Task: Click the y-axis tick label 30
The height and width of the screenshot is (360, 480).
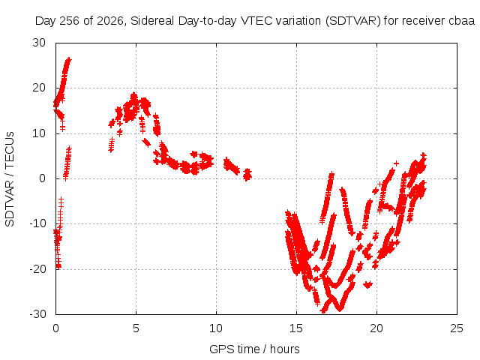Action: click(x=39, y=43)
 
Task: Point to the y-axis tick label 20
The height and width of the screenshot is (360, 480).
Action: click(x=39, y=88)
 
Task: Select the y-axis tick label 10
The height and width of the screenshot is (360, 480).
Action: click(x=39, y=133)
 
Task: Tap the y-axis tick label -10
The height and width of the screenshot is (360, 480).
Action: click(x=37, y=223)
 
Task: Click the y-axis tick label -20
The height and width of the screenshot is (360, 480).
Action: click(x=37, y=269)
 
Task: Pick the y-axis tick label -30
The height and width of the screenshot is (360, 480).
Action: click(x=37, y=314)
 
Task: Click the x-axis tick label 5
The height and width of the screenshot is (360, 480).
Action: click(x=136, y=328)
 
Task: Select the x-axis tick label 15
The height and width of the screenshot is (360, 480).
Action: click(x=296, y=328)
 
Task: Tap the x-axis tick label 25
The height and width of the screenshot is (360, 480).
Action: click(x=457, y=328)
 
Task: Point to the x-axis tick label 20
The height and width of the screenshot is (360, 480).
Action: click(x=376, y=328)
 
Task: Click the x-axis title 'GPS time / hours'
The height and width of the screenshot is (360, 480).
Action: click(x=254, y=349)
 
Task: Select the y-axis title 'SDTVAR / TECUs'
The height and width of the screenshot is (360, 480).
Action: click(x=10, y=179)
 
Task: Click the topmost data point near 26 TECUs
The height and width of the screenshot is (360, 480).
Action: click(x=69, y=59)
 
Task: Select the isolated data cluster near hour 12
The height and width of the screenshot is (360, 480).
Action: click(x=247, y=175)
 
